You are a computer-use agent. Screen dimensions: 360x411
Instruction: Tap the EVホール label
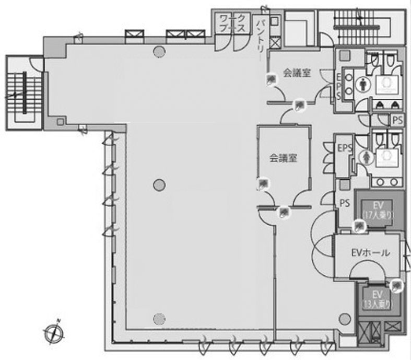pyautogui.click(x=370, y=253)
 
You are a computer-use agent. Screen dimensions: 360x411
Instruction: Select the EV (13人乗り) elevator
pyautogui.click(x=378, y=299)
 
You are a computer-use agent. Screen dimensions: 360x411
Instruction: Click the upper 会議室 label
pyautogui.click(x=297, y=74)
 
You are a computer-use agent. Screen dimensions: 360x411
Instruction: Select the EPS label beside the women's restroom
pyautogui.click(x=345, y=148)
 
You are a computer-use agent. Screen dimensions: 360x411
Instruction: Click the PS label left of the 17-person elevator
pyautogui.click(x=344, y=203)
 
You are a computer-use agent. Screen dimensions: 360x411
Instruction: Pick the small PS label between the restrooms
pyautogui.click(x=398, y=120)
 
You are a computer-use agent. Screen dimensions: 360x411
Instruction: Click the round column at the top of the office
pyautogui.click(x=158, y=51)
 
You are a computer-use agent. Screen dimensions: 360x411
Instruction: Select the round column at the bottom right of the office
pyautogui.click(x=344, y=317)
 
